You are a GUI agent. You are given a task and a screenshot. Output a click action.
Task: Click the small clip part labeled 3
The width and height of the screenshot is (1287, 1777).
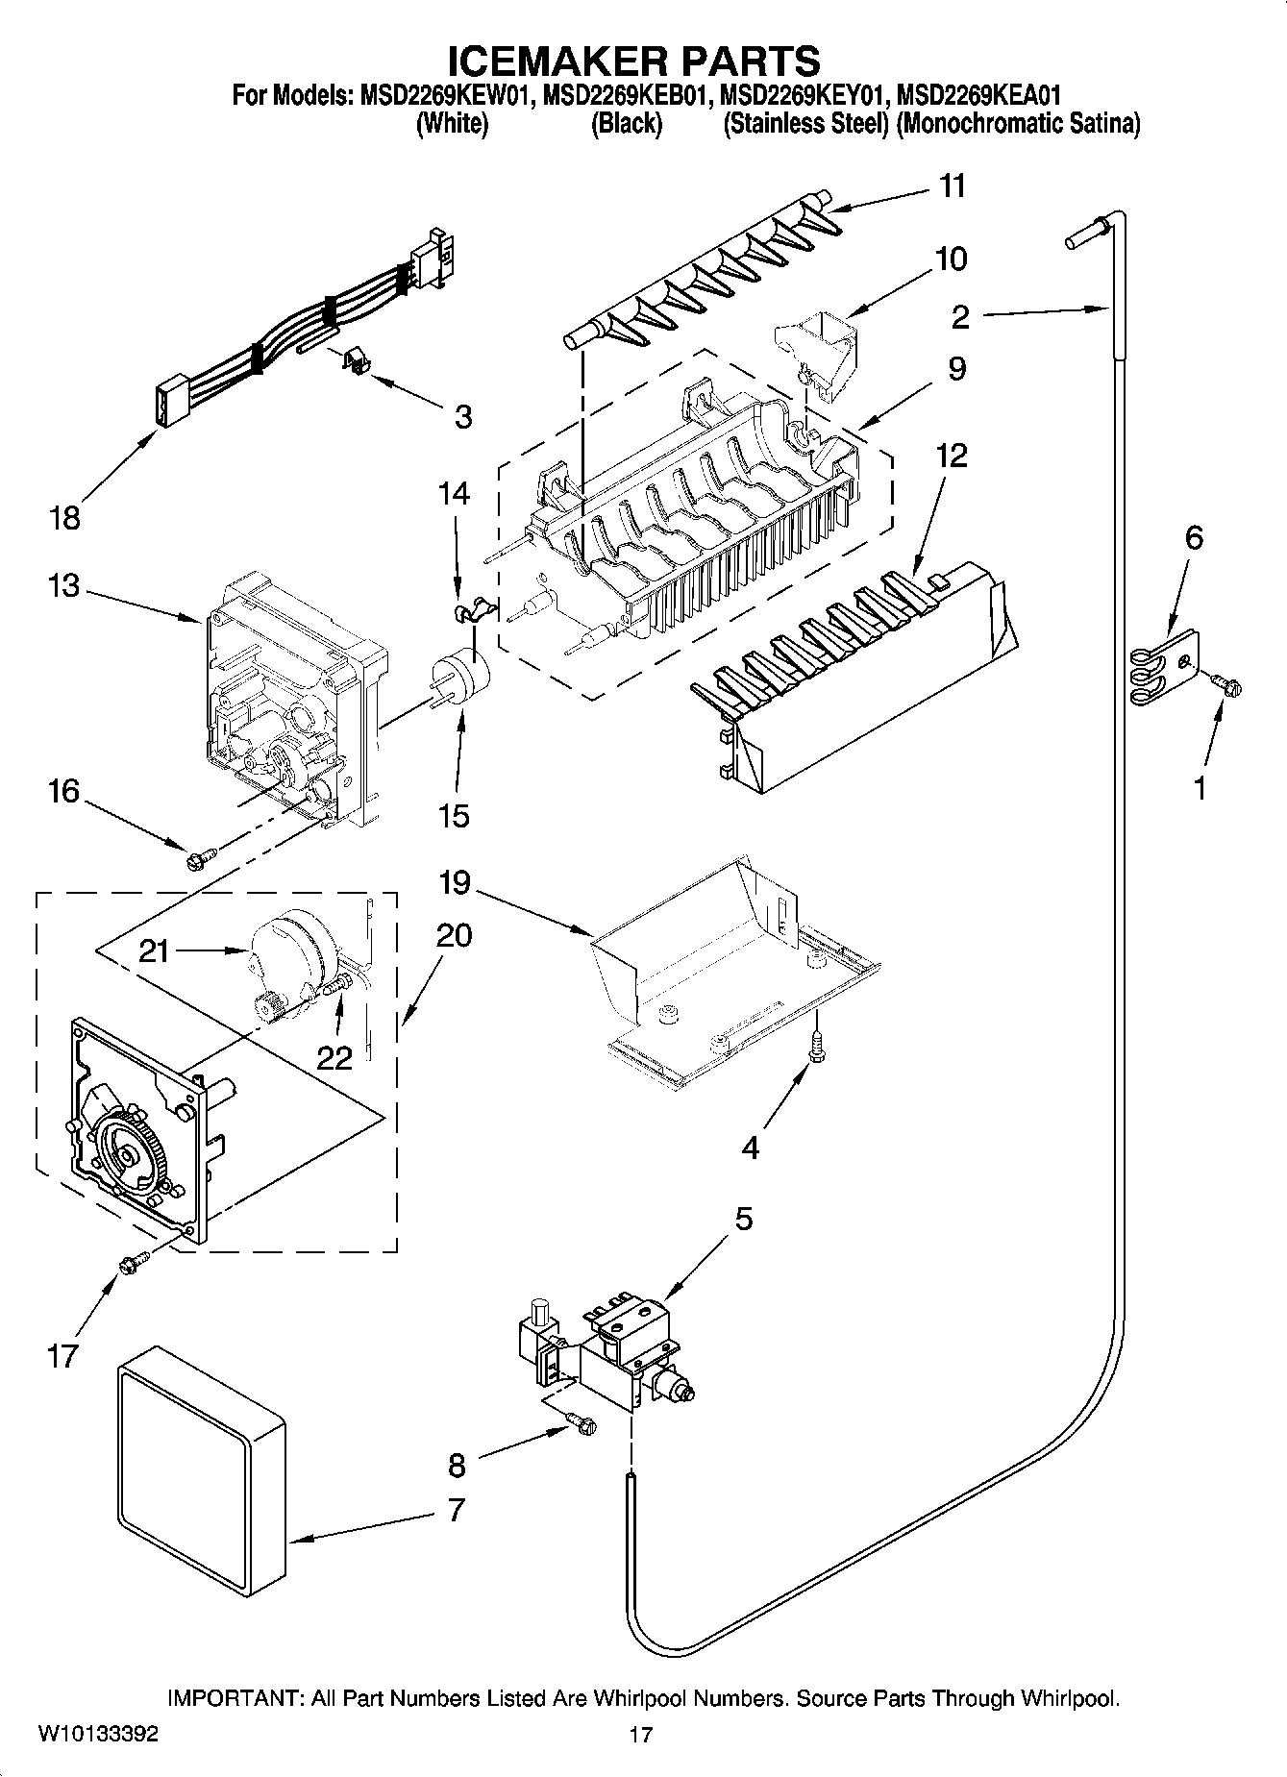358,363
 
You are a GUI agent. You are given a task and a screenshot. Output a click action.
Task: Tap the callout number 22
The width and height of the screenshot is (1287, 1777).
334,1056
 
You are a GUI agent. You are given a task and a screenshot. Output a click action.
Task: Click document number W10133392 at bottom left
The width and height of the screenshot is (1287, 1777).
98,1734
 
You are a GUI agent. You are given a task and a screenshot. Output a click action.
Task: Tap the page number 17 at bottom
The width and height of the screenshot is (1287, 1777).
641,1735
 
